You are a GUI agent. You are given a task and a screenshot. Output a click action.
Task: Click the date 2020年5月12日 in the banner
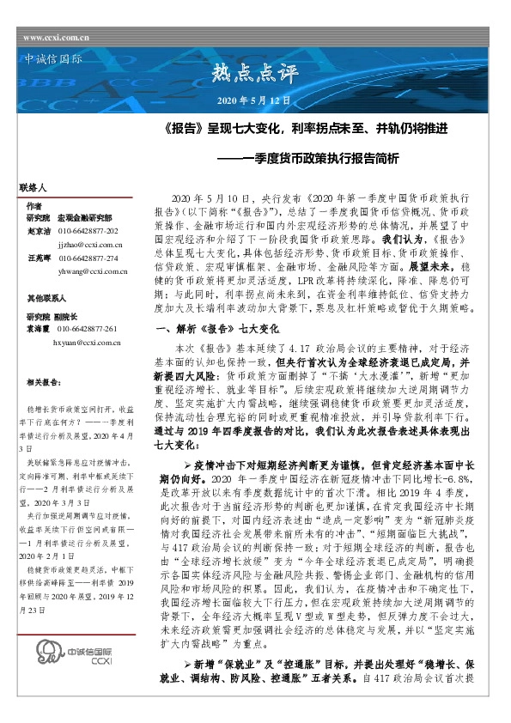[x=254, y=101]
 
